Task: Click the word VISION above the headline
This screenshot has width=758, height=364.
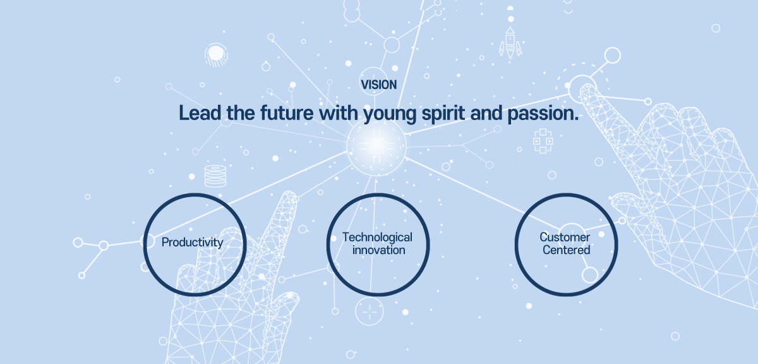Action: pos(378,85)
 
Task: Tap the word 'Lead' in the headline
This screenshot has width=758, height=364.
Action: pos(200,112)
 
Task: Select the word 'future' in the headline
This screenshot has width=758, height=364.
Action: pos(287,112)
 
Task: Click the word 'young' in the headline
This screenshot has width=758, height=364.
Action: pos(390,114)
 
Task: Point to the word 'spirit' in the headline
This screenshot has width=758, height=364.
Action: pos(443,113)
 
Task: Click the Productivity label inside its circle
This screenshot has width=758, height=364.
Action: pos(192,243)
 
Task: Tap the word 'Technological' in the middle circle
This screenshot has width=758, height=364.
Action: pos(377,238)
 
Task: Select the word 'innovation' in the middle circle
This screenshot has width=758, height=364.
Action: pos(378,250)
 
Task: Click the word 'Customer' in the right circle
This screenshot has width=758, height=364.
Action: pos(565,237)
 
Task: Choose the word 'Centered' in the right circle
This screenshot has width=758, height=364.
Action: pos(566,250)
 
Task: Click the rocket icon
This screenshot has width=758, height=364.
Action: pos(510,43)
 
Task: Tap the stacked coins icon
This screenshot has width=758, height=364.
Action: pos(215,176)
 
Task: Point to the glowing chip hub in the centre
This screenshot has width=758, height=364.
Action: pos(376,146)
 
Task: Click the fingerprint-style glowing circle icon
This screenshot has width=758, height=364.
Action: pos(216,54)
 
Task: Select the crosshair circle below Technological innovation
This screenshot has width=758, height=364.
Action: pos(370,311)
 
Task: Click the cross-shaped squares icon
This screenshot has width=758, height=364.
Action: pos(543,141)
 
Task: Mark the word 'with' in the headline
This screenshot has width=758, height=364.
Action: pos(339,112)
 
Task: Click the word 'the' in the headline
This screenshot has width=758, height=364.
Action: pos(241,112)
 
